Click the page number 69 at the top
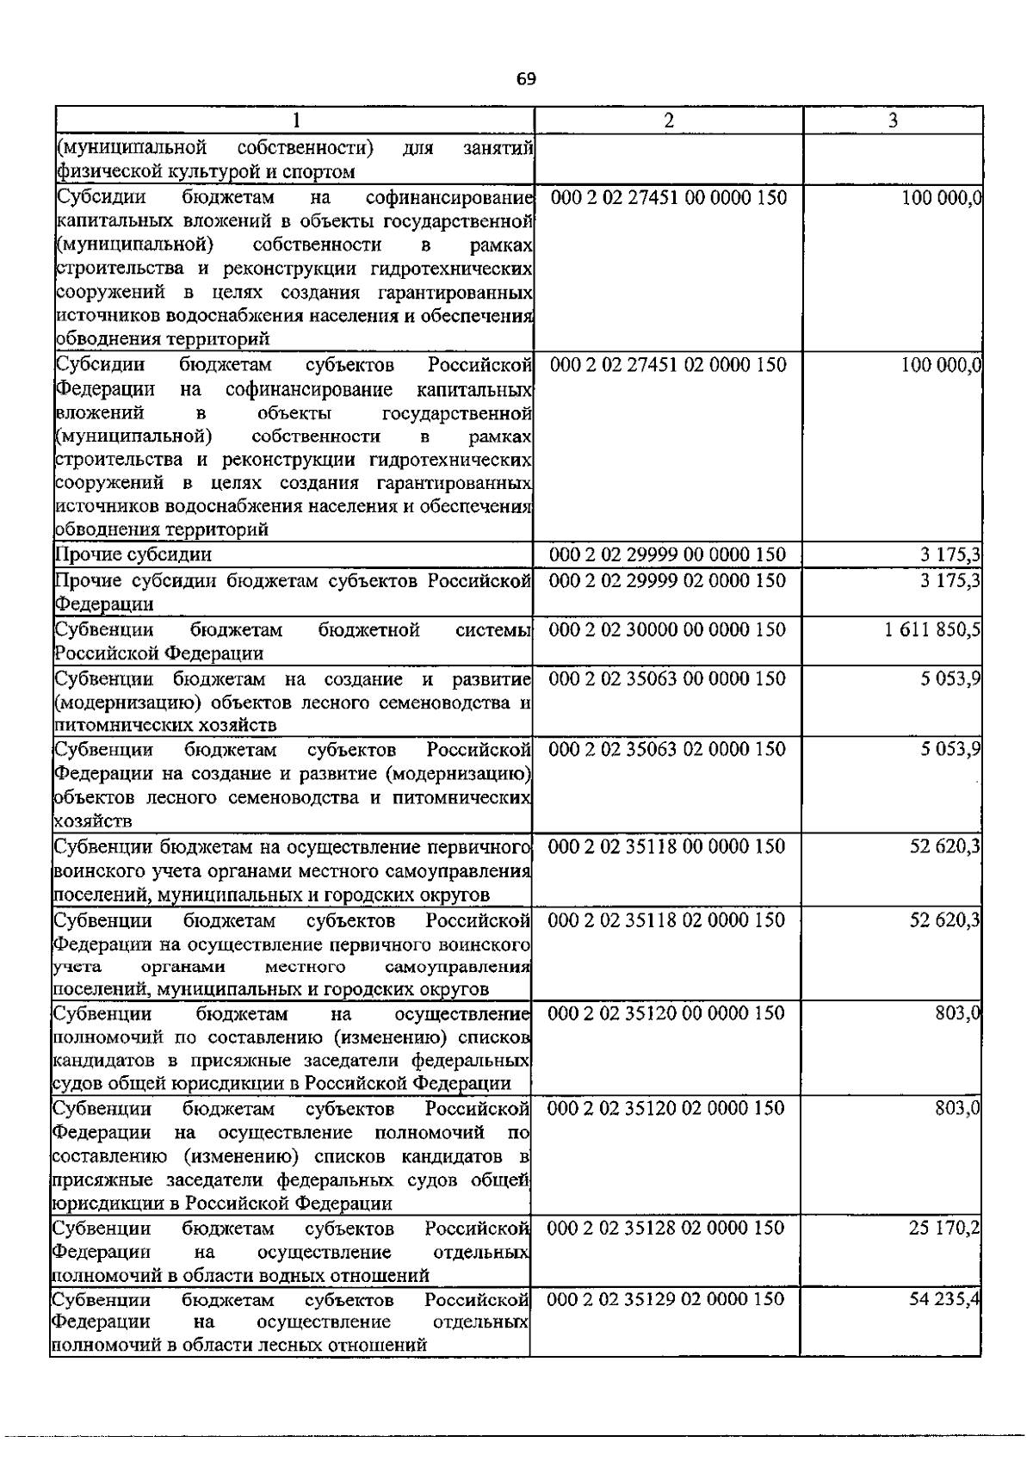click(526, 79)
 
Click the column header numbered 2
click(669, 121)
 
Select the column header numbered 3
click(893, 121)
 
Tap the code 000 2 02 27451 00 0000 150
click(668, 198)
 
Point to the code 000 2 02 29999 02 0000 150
click(667, 580)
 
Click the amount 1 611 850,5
click(931, 629)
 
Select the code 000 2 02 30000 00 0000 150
click(667, 629)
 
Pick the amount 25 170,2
click(944, 1228)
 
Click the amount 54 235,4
click(944, 1298)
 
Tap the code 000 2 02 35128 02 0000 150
click(665, 1228)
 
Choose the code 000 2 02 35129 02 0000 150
click(665, 1298)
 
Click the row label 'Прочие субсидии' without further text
click(133, 554)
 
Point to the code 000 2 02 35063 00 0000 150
click(667, 678)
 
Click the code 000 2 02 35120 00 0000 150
click(666, 1012)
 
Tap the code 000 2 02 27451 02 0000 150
click(668, 365)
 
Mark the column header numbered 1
click(295, 121)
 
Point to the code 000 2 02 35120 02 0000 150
click(666, 1107)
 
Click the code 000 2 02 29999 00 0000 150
click(667, 554)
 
